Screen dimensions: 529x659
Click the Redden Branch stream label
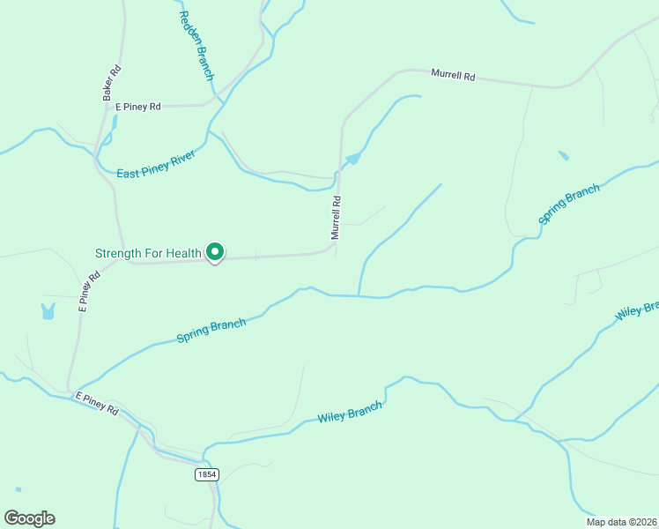pos(196,45)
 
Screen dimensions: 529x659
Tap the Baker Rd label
pos(110,82)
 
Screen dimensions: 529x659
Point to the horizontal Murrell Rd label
pos(453,76)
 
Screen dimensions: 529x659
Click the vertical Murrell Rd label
pos(336,218)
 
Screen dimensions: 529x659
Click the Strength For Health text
pos(148,254)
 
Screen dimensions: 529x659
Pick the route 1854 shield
pos(206,473)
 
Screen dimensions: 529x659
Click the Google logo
pos(29,518)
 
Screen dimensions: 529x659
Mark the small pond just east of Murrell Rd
pos(353,159)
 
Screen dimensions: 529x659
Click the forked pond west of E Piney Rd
pos(47,310)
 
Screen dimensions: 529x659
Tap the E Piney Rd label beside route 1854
pos(97,404)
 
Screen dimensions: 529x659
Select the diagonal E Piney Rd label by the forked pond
pos(89,292)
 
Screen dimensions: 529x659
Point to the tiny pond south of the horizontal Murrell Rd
pos(563,156)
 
